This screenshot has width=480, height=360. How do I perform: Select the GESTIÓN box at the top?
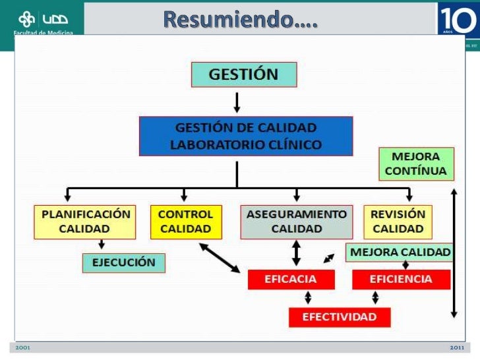point(244,75)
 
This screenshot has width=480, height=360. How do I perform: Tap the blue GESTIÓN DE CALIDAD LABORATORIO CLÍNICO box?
point(245,136)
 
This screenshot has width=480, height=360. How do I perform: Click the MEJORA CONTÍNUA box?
point(416,164)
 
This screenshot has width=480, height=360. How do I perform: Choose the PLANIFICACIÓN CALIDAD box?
point(85,222)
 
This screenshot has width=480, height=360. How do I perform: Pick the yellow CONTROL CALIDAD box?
point(186,222)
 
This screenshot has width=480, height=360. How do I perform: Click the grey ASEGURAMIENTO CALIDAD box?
point(297,222)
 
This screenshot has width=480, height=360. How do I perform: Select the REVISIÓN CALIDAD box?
point(398,222)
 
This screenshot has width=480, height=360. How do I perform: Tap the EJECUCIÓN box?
point(124,262)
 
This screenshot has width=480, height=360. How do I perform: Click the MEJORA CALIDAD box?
point(400,252)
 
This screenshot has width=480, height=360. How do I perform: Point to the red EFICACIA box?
point(291,279)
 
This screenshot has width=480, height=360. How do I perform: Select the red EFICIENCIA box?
point(401,279)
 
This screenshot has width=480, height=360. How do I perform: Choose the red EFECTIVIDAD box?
point(340,317)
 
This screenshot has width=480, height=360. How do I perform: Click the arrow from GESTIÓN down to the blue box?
point(237,102)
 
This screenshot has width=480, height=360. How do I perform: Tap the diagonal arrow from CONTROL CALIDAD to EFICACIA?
point(220,257)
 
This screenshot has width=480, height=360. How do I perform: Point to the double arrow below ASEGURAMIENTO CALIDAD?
point(297,253)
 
